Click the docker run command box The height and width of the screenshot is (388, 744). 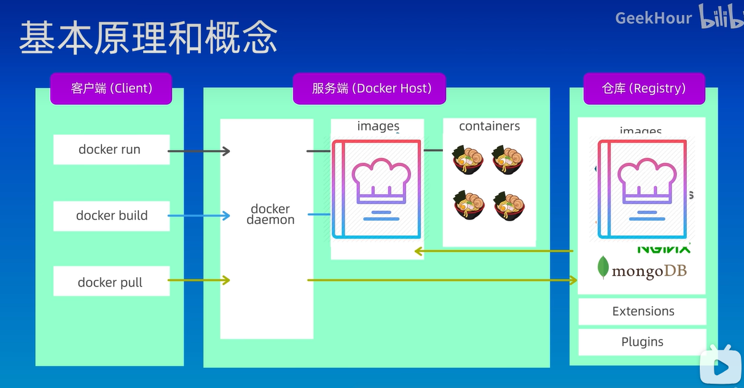pyautogui.click(x=111, y=150)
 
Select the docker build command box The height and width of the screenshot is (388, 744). pyautogui.click(x=111, y=216)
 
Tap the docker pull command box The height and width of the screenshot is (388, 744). pyautogui.click(x=111, y=282)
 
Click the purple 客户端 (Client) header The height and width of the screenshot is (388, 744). pyautogui.click(x=111, y=89)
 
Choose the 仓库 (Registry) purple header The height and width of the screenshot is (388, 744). pyautogui.click(x=643, y=89)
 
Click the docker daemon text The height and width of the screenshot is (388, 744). pyautogui.click(x=270, y=214)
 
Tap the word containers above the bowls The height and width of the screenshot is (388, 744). pyautogui.click(x=489, y=126)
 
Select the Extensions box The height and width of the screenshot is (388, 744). pyautogui.click(x=643, y=311)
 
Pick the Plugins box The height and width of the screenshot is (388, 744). pyautogui.click(x=643, y=342)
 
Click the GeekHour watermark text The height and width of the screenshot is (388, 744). pyautogui.click(x=653, y=18)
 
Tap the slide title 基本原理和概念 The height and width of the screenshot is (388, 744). pyautogui.click(x=148, y=38)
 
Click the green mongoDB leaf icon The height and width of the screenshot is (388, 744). pyautogui.click(x=603, y=268)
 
